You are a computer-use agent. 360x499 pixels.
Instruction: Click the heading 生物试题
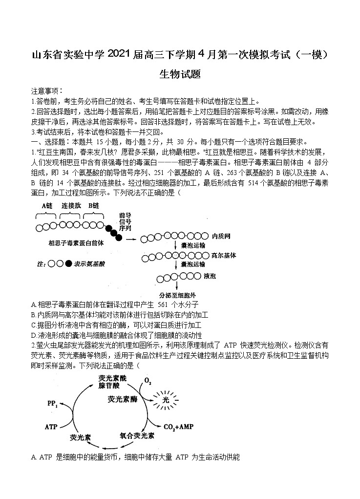point(180,74)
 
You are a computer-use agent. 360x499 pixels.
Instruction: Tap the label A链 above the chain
point(47,206)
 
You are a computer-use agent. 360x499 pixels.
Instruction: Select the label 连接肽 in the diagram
point(70,206)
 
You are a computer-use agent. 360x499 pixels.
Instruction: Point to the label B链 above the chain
point(93,206)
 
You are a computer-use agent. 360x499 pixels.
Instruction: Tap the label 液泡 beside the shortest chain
point(210,276)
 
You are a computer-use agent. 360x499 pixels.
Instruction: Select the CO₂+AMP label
point(179,427)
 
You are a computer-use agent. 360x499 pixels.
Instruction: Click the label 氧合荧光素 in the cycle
point(137,435)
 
